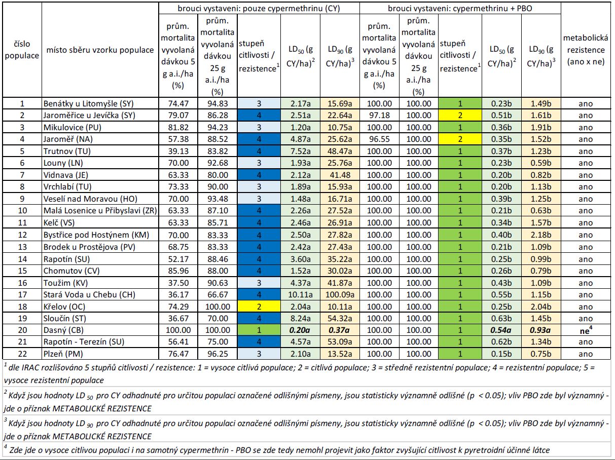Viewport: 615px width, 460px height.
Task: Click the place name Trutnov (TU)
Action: click(x=67, y=151)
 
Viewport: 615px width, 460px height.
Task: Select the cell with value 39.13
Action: click(x=178, y=151)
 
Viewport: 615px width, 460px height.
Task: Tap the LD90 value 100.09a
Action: click(x=340, y=294)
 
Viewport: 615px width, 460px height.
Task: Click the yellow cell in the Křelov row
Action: click(x=259, y=306)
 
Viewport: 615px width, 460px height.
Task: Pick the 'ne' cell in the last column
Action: click(x=586, y=330)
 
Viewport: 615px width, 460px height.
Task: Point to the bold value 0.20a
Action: click(x=300, y=330)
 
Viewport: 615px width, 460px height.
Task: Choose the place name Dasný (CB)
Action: click(x=63, y=330)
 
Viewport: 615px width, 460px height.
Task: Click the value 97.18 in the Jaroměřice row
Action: click(x=379, y=116)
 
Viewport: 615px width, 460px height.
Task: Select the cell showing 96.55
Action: click(x=379, y=139)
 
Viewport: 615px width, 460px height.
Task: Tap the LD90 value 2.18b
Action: click(x=541, y=235)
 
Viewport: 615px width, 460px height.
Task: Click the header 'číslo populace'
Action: click(x=22, y=50)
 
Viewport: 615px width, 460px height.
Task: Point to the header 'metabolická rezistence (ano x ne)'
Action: click(x=586, y=50)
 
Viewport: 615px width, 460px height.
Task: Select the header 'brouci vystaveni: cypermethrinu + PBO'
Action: click(x=460, y=9)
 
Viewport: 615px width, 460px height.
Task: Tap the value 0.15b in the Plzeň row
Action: click(x=501, y=354)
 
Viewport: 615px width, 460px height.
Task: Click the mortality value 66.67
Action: click(x=218, y=294)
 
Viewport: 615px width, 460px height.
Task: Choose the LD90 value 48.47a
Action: click(x=340, y=151)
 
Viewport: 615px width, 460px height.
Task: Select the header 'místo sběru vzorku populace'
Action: click(x=100, y=50)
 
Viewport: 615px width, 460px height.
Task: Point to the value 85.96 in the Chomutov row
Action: click(x=178, y=271)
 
